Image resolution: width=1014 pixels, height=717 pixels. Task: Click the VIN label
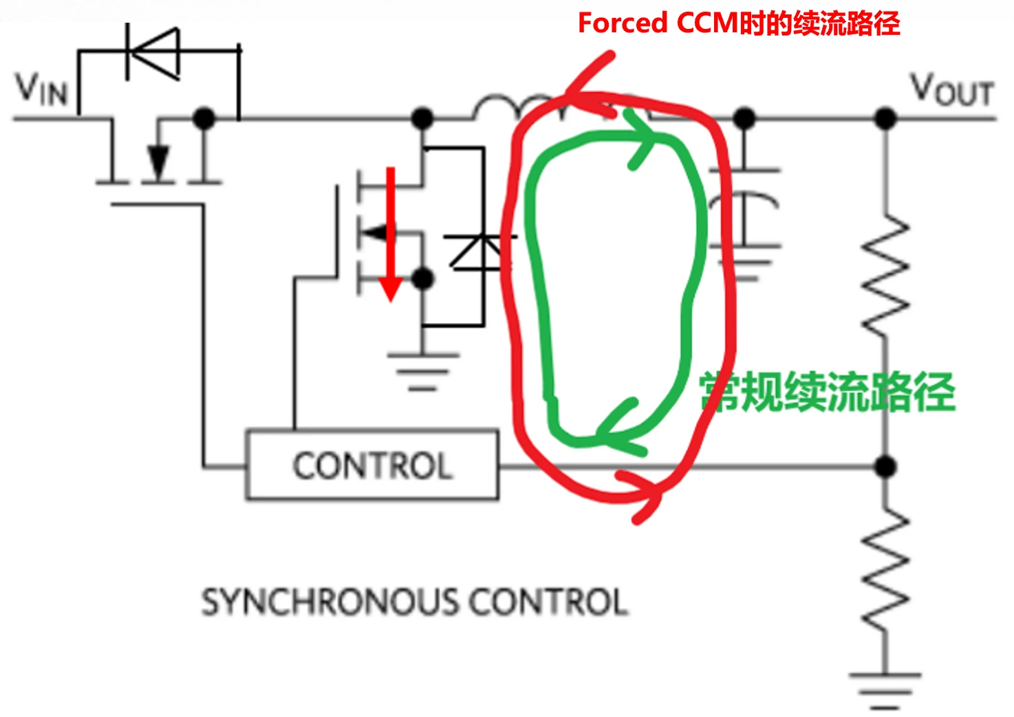click(x=42, y=89)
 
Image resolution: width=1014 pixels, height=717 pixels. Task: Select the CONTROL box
click(x=372, y=465)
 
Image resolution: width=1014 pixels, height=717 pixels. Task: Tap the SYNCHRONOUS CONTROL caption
click(x=414, y=602)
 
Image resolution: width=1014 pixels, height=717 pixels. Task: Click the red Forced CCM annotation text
click(x=738, y=23)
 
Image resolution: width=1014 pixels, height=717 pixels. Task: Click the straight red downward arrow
click(x=391, y=234)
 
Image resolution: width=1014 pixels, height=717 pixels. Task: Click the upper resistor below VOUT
click(x=887, y=275)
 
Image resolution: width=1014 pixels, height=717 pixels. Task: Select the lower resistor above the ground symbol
click(x=887, y=571)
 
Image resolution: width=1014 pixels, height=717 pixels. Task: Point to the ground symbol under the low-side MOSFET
click(x=422, y=371)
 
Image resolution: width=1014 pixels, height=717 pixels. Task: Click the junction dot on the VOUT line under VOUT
click(x=886, y=119)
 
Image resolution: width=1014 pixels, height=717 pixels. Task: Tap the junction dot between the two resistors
click(x=886, y=467)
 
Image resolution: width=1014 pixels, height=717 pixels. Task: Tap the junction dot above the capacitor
click(x=744, y=119)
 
